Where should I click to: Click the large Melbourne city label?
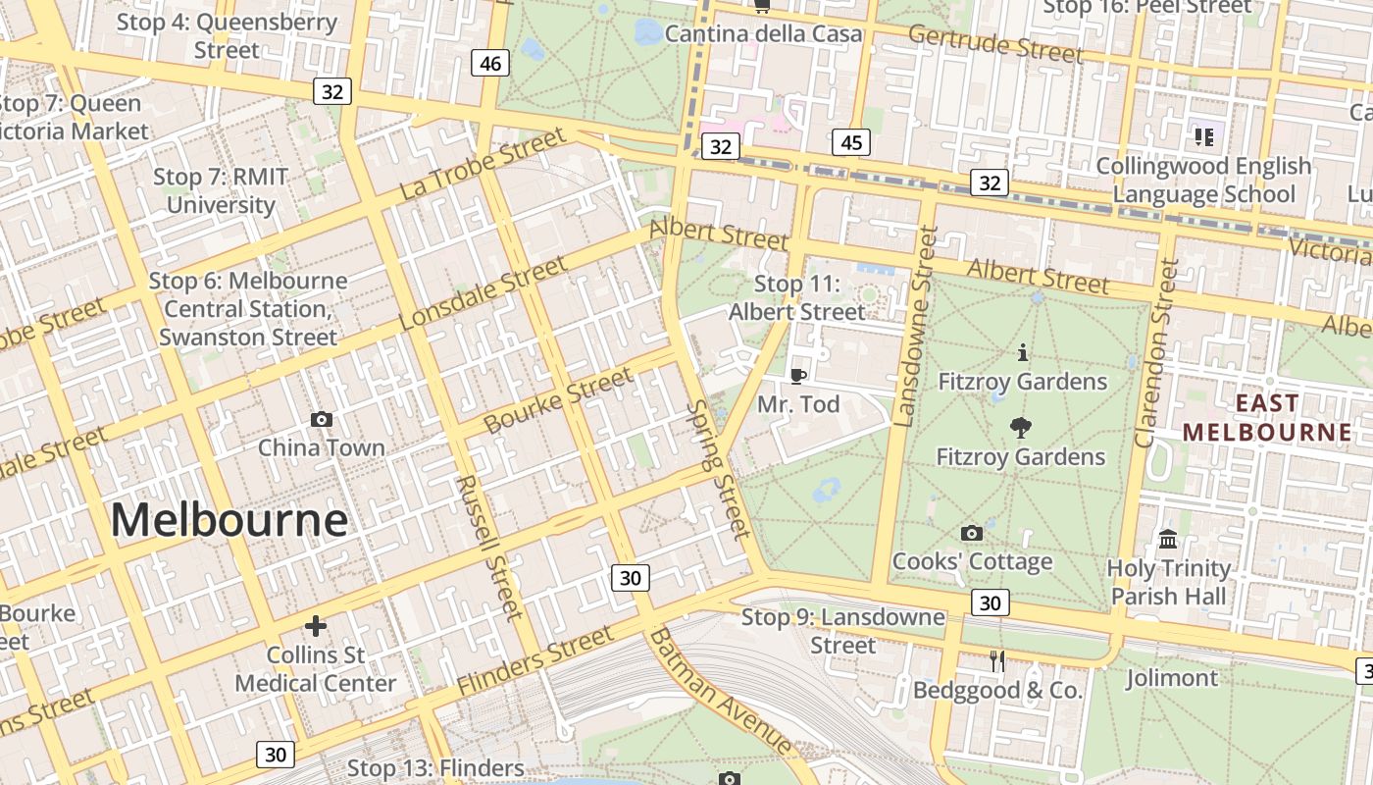point(229,519)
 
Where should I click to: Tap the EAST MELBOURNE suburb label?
point(1266,418)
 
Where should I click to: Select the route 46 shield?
point(490,64)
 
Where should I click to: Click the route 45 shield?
point(850,142)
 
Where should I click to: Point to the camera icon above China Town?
point(321,420)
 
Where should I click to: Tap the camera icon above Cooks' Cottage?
point(972,533)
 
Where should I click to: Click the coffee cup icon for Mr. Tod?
point(798,376)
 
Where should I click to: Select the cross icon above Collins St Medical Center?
point(316,625)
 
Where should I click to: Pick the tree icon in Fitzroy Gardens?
point(1020,428)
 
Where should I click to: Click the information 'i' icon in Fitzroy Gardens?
point(1022,352)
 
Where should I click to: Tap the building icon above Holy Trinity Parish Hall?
point(1168,539)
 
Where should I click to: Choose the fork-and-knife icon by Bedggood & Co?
point(997,661)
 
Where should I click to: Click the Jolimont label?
point(1171,678)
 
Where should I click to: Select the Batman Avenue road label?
point(720,693)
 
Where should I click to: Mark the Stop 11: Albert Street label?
point(797,298)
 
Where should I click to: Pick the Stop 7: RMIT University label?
point(221,191)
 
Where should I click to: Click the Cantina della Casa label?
point(763,34)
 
